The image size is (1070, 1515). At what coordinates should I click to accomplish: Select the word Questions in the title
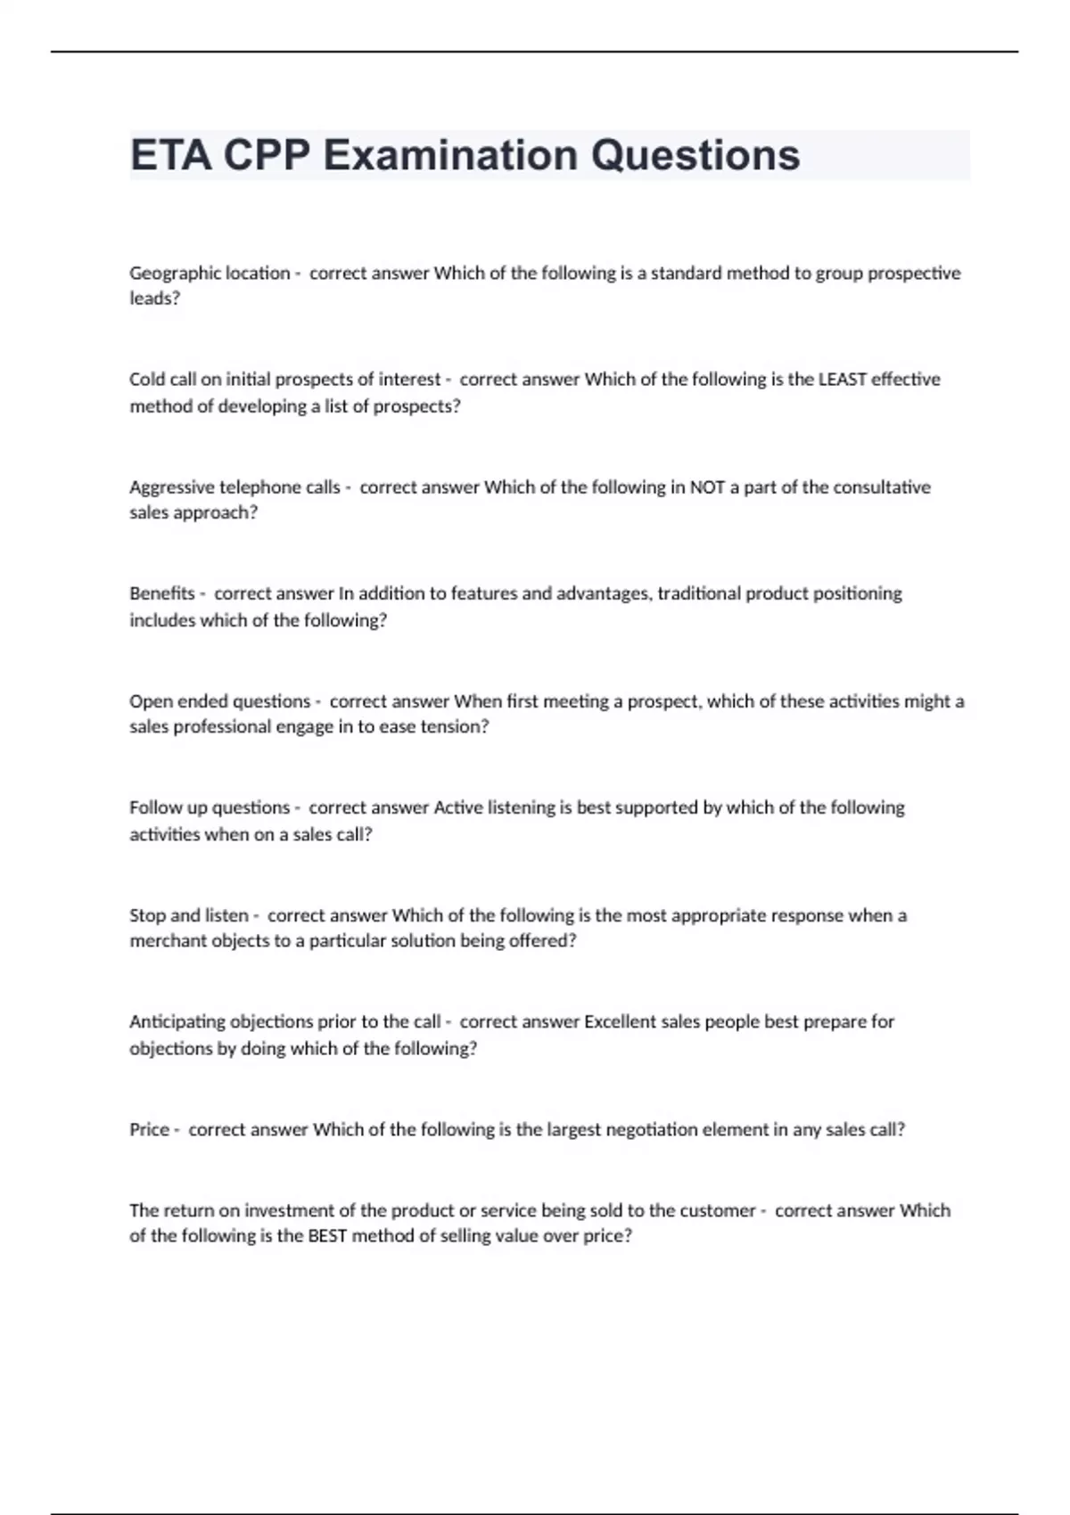pos(695,155)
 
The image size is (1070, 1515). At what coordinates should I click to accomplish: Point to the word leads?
pos(154,299)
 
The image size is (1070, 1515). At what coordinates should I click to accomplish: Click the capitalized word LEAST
pos(843,380)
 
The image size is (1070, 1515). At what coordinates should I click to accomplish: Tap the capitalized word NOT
pos(707,487)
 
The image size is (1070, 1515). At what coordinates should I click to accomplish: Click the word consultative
pos(881,487)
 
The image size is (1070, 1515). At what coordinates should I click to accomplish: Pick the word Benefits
pos(161,594)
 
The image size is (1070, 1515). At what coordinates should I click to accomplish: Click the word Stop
pos(147,915)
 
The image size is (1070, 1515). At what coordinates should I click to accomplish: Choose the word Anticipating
pos(177,1022)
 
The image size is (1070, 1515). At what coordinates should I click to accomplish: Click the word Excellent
pos(620,1022)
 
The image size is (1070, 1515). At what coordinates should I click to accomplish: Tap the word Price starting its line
pos(149,1130)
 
